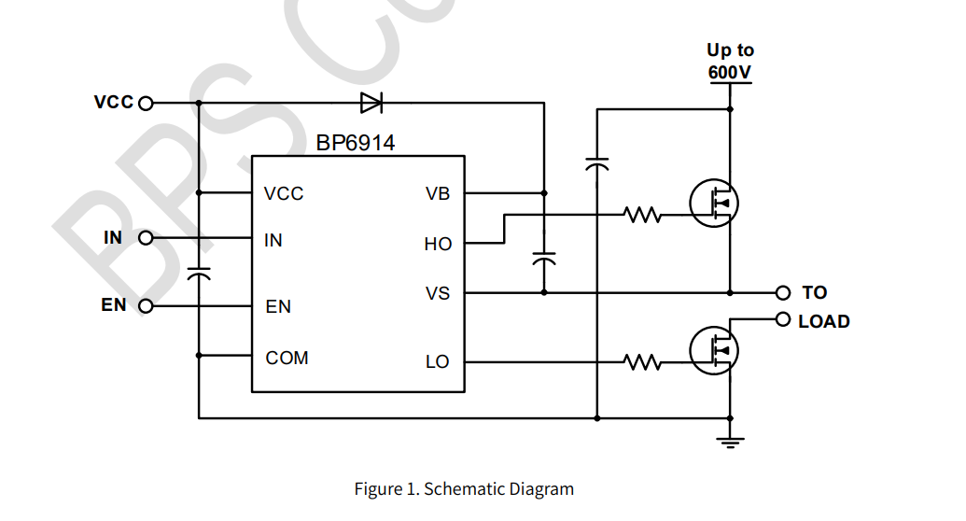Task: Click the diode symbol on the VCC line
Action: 371,103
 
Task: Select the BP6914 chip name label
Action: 355,143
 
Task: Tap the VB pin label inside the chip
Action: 438,193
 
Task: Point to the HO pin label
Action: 438,244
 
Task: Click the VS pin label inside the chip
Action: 438,293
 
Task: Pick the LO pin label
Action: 438,361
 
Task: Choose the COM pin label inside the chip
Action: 287,358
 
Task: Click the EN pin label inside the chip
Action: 278,306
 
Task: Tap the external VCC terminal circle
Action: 145,103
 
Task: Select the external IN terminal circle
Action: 145,238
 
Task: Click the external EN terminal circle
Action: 145,305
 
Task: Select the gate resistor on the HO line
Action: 643,216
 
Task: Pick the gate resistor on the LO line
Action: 643,361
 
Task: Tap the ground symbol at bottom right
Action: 730,442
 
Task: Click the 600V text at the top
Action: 730,71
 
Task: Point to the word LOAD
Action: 824,321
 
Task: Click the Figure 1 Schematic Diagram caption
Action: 464,488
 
